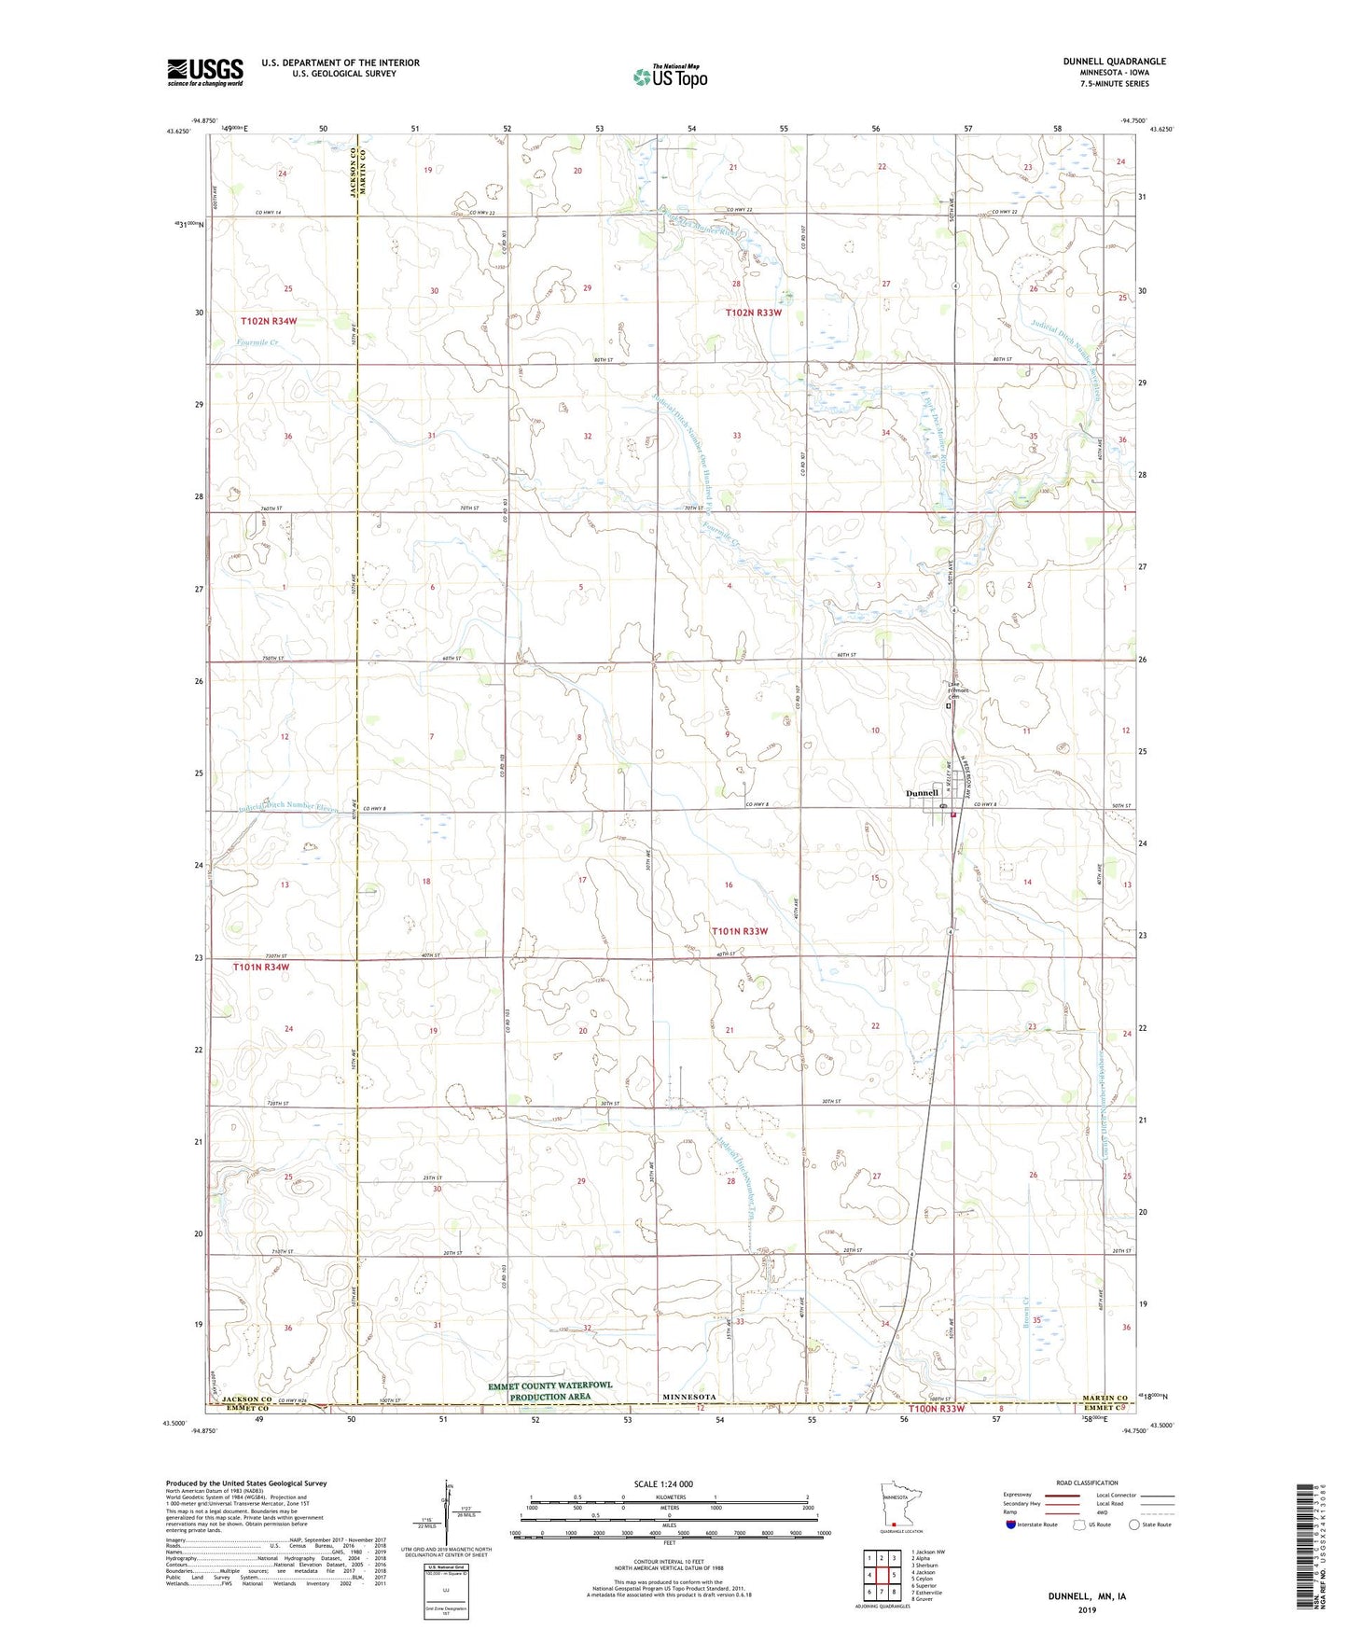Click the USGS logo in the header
point(205,72)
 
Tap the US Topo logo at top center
point(670,76)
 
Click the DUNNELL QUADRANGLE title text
point(1114,62)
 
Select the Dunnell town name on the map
point(922,793)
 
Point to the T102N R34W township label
point(269,321)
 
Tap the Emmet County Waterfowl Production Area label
point(550,1391)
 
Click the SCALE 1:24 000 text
point(663,1484)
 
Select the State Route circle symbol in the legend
point(1133,1525)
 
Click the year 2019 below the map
point(1086,1609)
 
